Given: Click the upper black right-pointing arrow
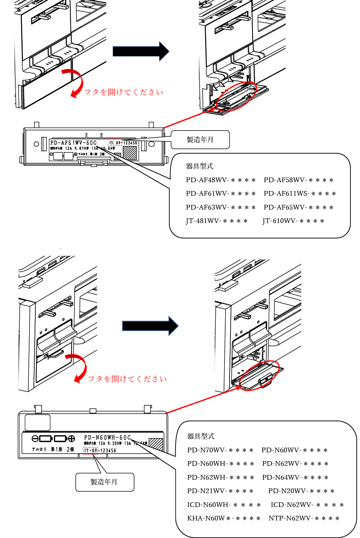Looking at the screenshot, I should pos(141,51).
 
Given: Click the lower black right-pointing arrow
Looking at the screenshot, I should pos(150,325).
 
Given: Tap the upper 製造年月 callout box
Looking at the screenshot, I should pos(200,140).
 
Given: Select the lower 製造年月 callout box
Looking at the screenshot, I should pos(105,482).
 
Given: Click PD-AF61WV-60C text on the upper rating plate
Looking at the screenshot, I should pos(74,143).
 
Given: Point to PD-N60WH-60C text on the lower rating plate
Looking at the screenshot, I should pos(107,437).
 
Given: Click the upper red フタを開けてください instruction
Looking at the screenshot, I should pos(124,92).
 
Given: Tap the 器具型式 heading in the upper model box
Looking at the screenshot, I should pos(199,166).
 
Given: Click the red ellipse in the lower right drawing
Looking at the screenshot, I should pos(259,376).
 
